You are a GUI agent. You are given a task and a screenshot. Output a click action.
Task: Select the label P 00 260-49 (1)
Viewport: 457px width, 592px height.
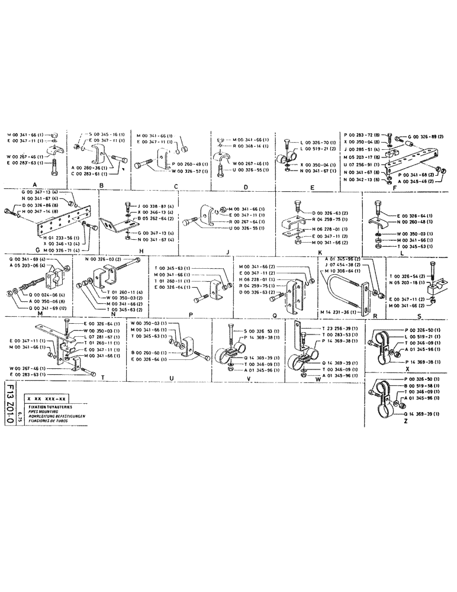189,163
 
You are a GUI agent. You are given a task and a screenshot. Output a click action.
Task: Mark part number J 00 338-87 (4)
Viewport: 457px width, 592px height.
156,205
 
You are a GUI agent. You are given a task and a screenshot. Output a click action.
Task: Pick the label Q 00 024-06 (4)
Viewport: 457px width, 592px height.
42,294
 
